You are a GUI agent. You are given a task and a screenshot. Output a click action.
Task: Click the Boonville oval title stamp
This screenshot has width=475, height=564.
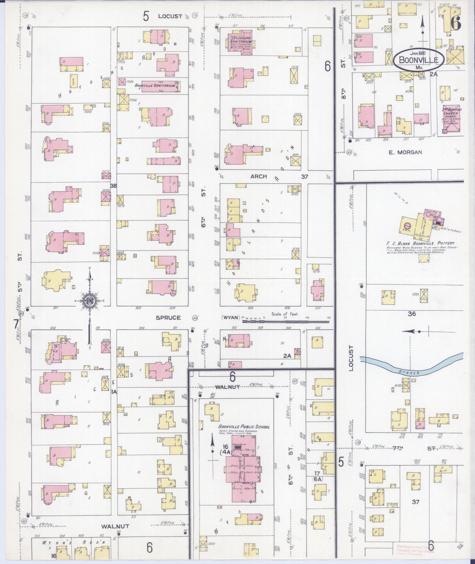pos(419,60)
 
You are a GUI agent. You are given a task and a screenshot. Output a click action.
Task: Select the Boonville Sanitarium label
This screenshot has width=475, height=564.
pos(157,86)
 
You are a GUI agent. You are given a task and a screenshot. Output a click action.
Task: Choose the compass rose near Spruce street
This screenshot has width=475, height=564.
pos(89,300)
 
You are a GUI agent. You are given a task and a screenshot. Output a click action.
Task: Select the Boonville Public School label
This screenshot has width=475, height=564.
pos(244,427)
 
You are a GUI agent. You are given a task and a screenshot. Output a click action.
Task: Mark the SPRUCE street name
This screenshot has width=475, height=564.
pos(168,318)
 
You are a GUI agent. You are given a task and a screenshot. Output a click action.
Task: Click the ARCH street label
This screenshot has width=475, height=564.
pos(259,176)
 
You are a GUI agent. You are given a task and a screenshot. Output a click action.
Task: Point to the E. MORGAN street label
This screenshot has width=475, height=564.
pos(405,152)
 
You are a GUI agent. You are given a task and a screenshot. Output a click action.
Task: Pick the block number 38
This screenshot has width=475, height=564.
pos(113,186)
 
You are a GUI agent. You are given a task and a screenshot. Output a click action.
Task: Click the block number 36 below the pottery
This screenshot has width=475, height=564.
pos(412,314)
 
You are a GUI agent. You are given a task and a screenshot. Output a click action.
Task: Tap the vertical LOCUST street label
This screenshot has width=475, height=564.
pos(351,358)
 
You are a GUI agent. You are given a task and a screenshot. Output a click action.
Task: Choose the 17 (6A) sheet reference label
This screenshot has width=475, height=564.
pos(317,476)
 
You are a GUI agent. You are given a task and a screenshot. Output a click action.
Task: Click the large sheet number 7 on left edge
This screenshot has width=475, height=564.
pos(15,324)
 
